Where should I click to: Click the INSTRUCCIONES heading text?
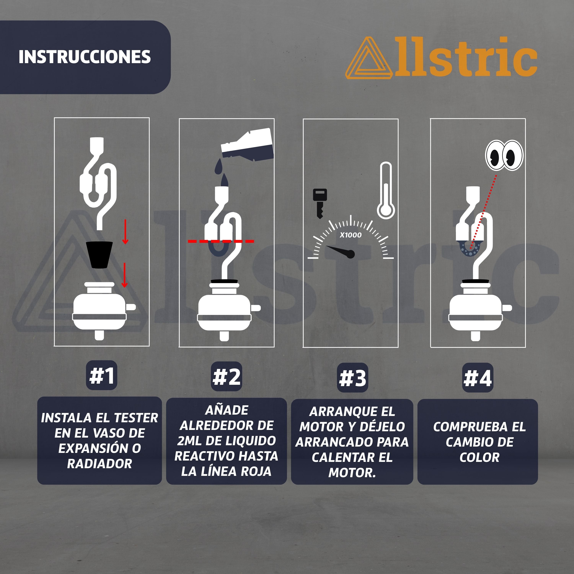[x=85, y=57]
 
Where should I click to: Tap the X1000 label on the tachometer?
[x=351, y=235]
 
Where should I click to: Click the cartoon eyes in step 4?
[x=504, y=155]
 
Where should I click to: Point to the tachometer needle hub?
[x=351, y=254]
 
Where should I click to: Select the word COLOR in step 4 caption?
[x=479, y=457]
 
